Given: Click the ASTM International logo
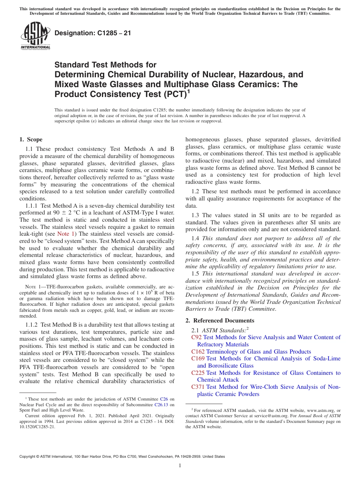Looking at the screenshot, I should point(35,36).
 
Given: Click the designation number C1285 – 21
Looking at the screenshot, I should point(93,33).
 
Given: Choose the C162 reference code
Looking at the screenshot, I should point(198,352).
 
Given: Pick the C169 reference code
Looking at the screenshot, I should point(198,358).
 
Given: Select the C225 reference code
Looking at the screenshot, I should point(198,373).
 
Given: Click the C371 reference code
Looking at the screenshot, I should point(198,387).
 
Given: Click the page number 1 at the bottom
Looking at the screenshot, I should point(180,466).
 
